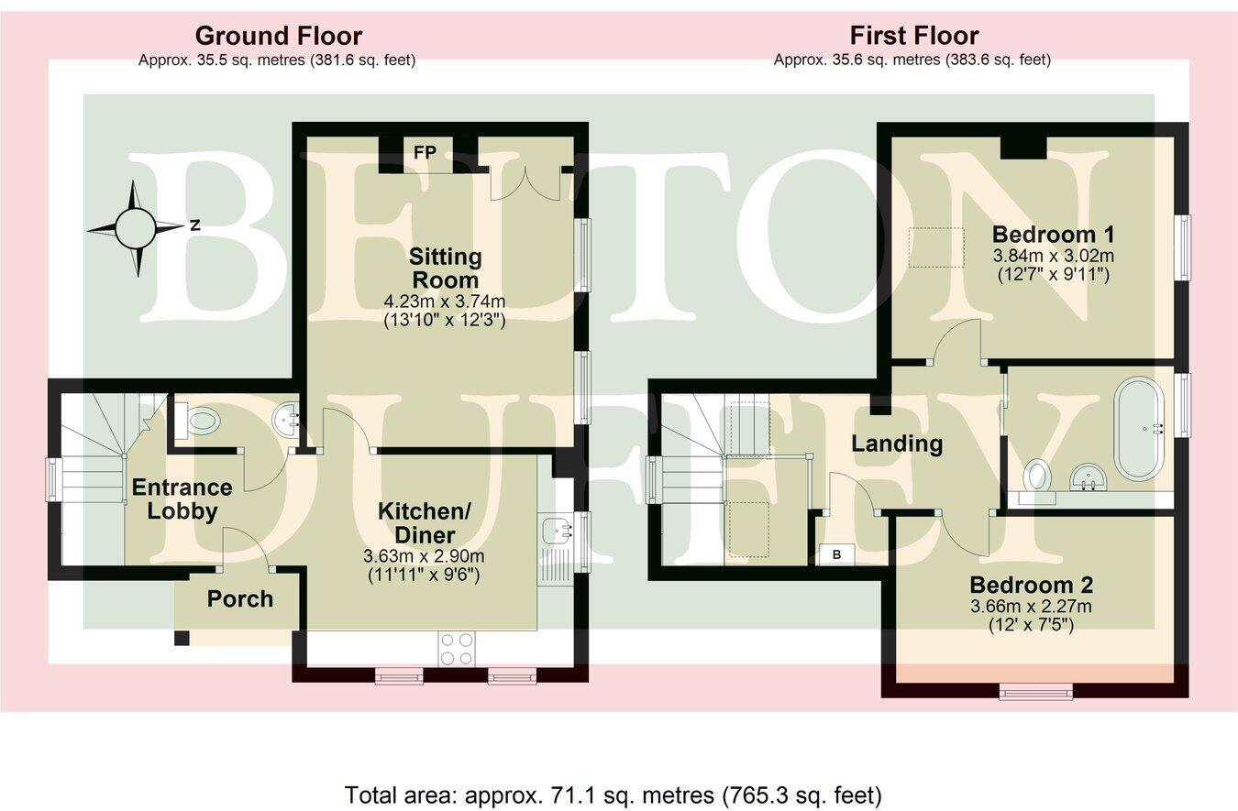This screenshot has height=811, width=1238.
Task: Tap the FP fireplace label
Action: pos(424,152)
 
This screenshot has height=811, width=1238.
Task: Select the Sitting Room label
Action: pos(445,268)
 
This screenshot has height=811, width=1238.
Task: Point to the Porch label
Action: pos(239,599)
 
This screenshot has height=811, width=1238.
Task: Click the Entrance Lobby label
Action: pos(182,499)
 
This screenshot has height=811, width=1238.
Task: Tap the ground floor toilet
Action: pos(198,421)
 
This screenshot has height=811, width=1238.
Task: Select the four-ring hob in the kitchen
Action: pos(457,649)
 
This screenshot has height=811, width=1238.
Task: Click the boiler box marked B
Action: pos(835,553)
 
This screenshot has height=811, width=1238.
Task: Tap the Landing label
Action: pos(897,444)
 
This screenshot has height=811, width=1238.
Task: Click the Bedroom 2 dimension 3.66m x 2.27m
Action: pos(1031,607)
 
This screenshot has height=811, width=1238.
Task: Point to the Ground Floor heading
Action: pos(278,37)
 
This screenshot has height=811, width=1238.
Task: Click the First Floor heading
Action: pos(913,37)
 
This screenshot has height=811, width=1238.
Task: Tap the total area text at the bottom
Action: pos(613,794)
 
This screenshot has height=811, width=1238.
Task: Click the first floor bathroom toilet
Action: pos(1038,475)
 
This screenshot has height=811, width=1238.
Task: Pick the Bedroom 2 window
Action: pos(1035,693)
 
